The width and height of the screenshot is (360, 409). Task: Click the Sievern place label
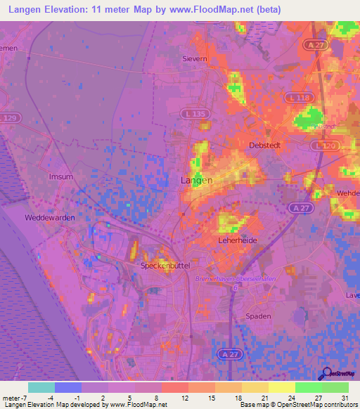pyautogui.click(x=195, y=59)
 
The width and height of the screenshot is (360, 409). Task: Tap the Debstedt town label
pyautogui.click(x=264, y=145)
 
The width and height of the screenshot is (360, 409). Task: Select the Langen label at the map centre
pyautogui.click(x=197, y=180)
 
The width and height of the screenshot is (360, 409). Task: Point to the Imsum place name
pyautogui.click(x=60, y=176)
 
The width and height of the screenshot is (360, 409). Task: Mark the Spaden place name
pyautogui.click(x=258, y=316)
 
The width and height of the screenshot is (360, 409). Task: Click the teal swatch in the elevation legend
pyautogui.click(x=41, y=387)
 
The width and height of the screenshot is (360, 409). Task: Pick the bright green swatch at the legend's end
pyautogui.click(x=335, y=387)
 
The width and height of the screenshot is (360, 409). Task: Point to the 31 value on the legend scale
pyautogui.click(x=343, y=398)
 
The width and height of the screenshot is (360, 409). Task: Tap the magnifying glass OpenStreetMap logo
pyautogui.click(x=326, y=374)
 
